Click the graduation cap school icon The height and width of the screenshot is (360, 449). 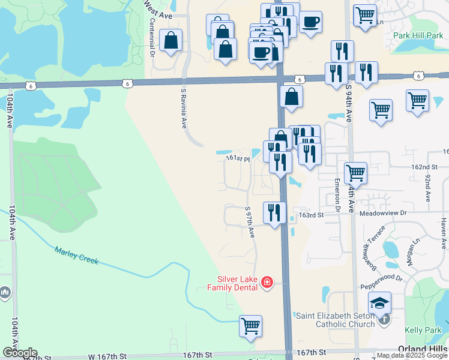pyautogui.click(x=379, y=303)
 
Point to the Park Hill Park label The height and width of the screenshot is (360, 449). pyautogui.click(x=418, y=35)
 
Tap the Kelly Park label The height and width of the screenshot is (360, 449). pyautogui.click(x=422, y=330)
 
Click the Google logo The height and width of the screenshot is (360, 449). pyautogui.click(x=19, y=353)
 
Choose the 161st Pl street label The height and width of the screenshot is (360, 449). pyautogui.click(x=237, y=158)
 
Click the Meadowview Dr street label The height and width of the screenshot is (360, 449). pyautogui.click(x=384, y=213)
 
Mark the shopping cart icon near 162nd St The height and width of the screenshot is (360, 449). pyautogui.click(x=356, y=173)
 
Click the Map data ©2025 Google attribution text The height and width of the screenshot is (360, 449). pyautogui.click(x=412, y=355)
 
